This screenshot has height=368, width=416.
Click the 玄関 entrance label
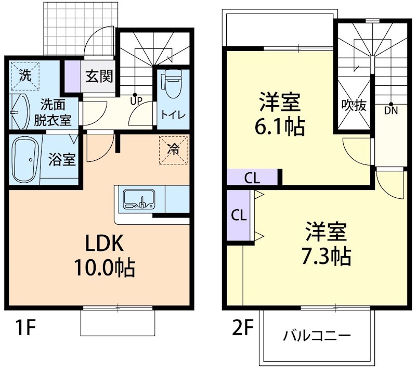99,77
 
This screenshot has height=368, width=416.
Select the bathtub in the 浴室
25,156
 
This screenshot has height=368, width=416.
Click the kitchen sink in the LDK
139,199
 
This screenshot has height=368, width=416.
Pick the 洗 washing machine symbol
25,74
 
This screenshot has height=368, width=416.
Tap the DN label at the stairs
391,110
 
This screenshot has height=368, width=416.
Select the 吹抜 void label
354,105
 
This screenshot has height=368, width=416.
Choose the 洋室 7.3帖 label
326,243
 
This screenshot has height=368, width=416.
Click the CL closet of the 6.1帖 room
252,178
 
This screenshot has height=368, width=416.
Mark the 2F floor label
242,328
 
